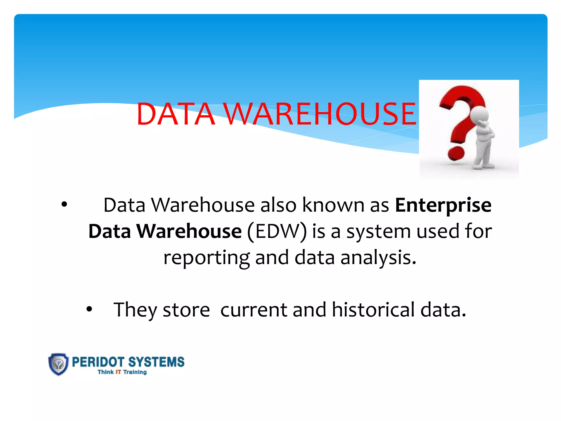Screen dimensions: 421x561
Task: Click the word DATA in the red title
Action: [176, 114]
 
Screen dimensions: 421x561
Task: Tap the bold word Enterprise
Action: [443, 206]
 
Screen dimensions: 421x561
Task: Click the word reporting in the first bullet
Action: [206, 258]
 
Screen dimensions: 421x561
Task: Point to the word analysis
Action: [378, 258]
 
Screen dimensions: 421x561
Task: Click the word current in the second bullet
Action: [254, 310]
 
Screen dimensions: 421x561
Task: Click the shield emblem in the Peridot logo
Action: [58, 364]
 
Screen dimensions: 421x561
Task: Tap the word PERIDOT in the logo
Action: [98, 362]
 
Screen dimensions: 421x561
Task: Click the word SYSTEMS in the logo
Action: [156, 362]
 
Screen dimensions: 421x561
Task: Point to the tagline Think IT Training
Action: [122, 372]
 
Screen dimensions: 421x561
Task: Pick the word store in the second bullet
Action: [186, 310]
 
